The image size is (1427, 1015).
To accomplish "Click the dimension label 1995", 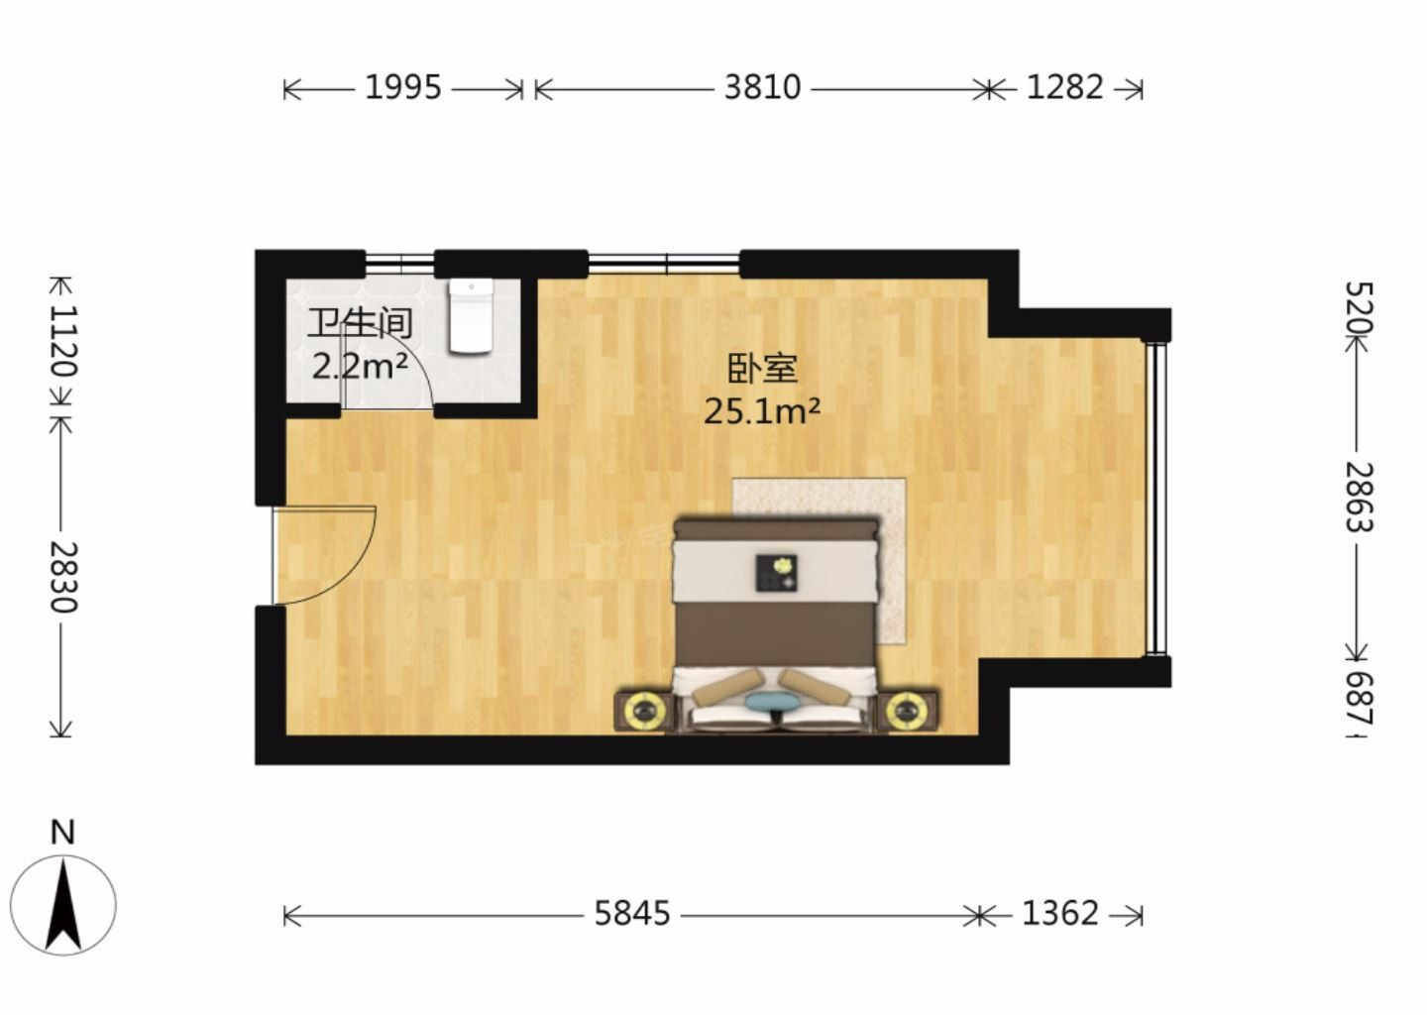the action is (402, 87).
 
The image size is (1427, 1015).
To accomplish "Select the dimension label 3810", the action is (763, 87).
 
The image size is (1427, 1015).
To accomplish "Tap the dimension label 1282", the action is (1064, 87).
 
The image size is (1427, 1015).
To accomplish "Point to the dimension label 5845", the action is (632, 914).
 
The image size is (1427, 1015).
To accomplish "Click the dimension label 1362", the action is (1060, 914).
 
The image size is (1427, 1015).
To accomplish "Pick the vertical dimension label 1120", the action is (64, 342).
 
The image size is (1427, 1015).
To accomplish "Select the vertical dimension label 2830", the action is (64, 577).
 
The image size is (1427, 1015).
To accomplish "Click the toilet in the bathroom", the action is (471, 316).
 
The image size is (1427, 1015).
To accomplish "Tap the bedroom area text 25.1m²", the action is (761, 412).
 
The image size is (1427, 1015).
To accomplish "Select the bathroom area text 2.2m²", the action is (360, 367).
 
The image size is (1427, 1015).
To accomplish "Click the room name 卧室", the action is (763, 370).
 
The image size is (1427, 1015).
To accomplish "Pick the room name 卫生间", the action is (360, 324).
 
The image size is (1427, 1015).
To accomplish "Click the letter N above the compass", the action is (62, 833).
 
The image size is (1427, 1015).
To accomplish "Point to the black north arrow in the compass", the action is (63, 904).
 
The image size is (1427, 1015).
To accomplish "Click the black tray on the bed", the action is (777, 573).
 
